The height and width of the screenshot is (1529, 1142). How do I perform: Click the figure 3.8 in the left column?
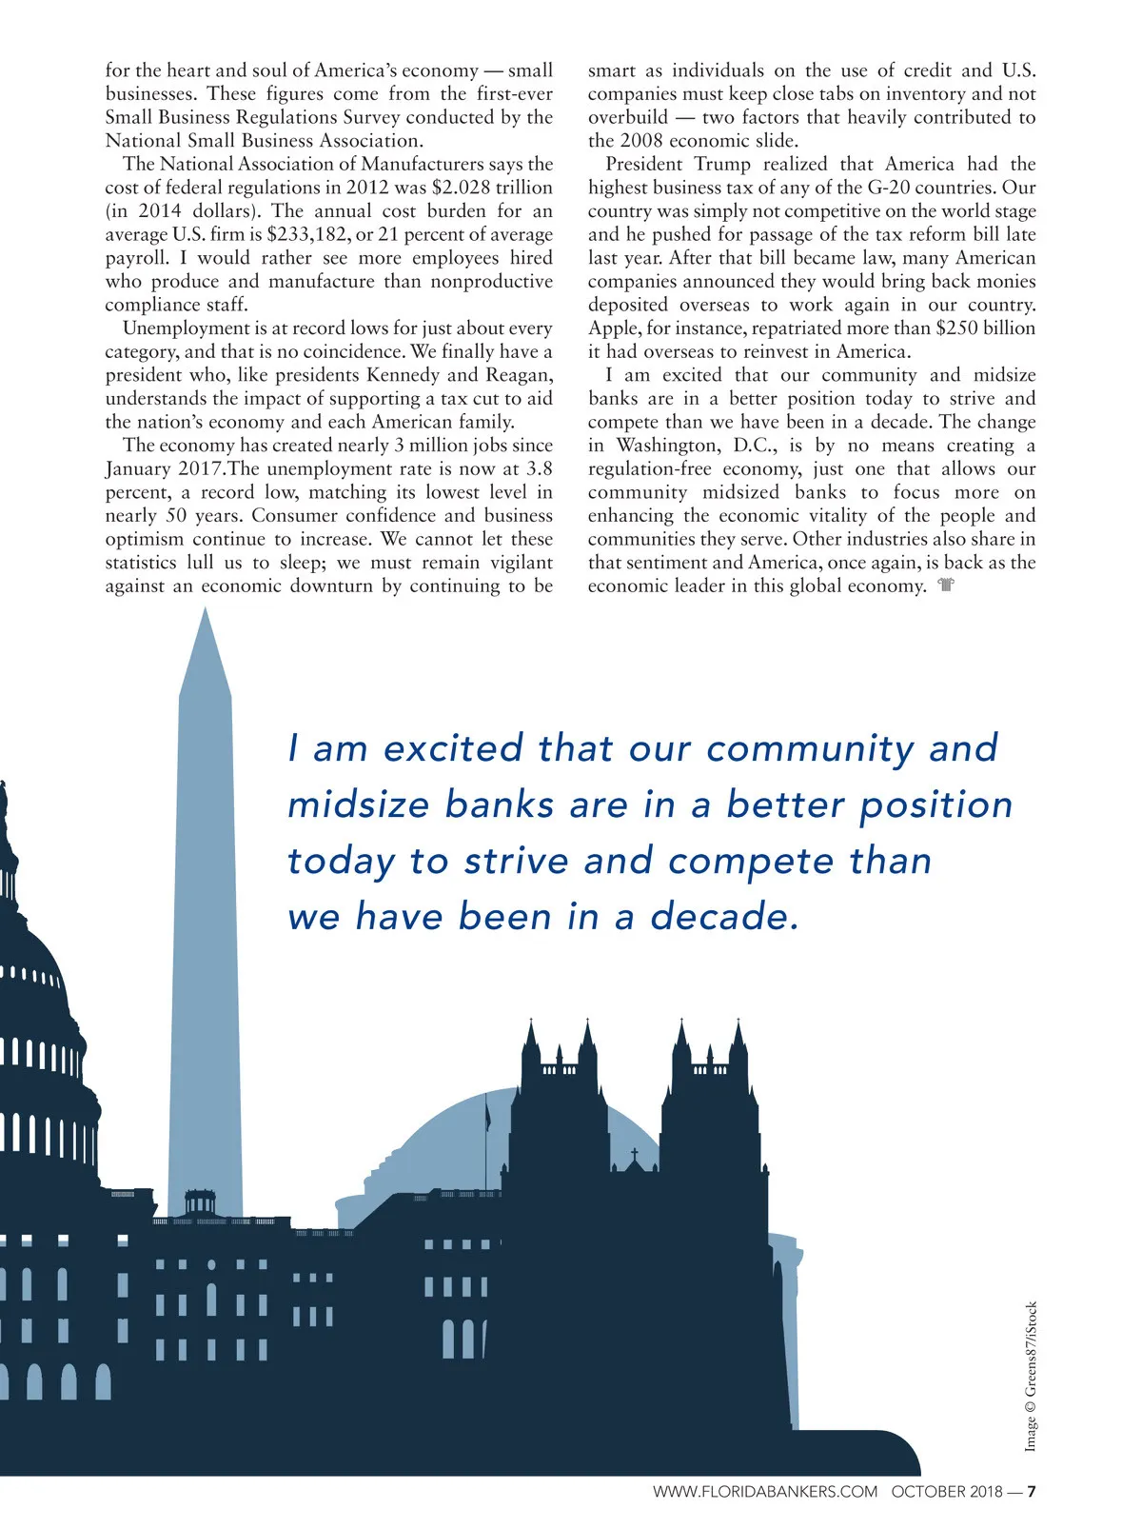[539, 469]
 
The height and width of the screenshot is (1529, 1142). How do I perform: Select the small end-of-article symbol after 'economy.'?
[945, 586]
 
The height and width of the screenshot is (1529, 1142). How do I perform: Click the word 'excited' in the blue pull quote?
[453, 748]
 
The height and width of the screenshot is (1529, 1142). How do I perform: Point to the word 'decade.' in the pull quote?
[724, 917]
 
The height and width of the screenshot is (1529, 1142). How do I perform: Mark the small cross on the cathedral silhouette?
[635, 1155]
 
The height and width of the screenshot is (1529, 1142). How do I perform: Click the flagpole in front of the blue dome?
[487, 1128]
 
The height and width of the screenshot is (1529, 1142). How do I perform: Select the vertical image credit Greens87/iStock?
[1031, 1377]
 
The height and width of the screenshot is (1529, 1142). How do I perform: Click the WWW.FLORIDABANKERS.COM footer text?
[764, 1492]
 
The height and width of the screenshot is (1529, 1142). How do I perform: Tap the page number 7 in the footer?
[1031, 1492]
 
